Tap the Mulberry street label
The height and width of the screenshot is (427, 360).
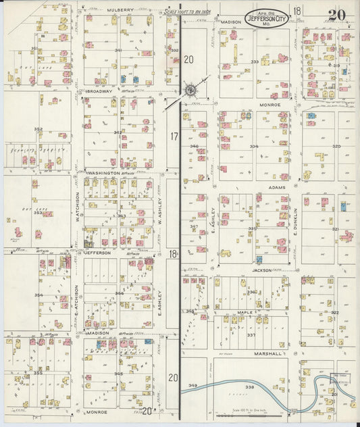click(x=120, y=11)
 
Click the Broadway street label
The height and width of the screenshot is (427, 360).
click(x=99, y=91)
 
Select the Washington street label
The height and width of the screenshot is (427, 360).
click(x=103, y=173)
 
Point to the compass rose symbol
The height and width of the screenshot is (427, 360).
click(x=190, y=91)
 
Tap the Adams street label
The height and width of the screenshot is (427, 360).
click(x=276, y=187)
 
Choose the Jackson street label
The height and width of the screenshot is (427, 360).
click(x=262, y=270)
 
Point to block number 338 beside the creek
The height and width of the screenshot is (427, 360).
click(x=249, y=387)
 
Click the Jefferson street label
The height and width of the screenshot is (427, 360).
click(x=98, y=252)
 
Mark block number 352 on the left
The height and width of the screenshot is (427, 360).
click(x=38, y=129)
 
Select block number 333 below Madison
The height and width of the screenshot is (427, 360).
click(x=255, y=62)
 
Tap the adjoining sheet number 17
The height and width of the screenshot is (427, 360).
click(x=174, y=136)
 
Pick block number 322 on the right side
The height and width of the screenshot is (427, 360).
click(x=334, y=313)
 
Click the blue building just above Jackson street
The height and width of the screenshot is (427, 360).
click(x=259, y=259)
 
